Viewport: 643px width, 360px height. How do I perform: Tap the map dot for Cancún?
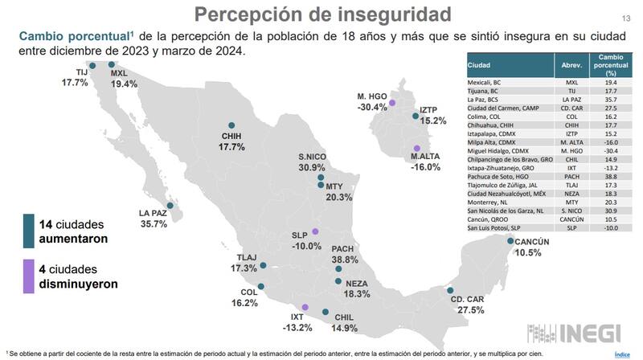510,239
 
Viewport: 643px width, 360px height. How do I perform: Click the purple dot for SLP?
315,231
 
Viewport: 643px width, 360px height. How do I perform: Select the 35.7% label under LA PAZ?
153,224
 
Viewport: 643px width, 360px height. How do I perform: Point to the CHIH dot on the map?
231,125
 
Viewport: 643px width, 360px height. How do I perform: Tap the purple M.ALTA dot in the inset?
416,148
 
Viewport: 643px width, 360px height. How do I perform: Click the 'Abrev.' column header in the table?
571,65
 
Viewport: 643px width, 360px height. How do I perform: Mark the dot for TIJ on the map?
92,66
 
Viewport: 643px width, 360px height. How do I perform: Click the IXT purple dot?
305,307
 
